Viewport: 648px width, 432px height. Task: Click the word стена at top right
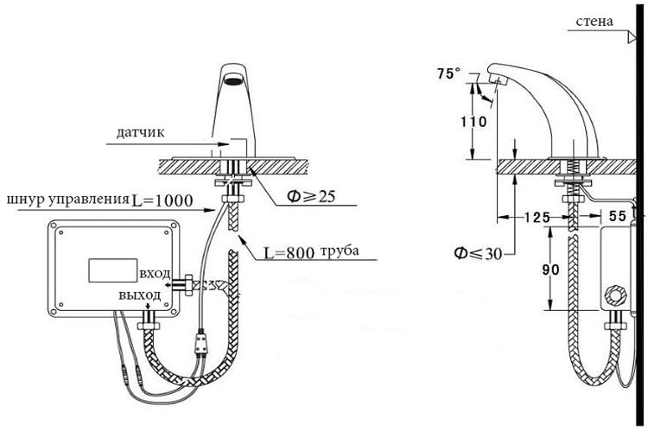point(594,22)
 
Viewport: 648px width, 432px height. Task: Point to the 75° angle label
point(448,73)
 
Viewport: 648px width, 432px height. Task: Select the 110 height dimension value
point(473,122)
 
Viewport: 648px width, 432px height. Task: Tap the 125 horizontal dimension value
point(537,217)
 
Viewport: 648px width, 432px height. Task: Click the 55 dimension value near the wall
point(618,216)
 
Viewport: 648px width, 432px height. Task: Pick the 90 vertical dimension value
point(550,270)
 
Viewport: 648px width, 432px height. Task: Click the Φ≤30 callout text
point(478,253)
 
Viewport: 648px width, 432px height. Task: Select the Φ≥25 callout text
point(311,196)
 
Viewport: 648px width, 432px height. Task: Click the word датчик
point(140,132)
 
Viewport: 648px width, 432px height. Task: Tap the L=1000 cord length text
point(162,200)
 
